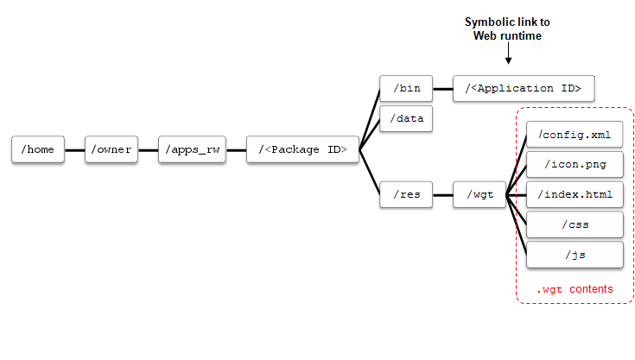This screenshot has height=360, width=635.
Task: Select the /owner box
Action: (111, 149)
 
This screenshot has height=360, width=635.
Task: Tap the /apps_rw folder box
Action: (191, 149)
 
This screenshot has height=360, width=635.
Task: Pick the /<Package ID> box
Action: (302, 149)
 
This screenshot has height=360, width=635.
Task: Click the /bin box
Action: (406, 88)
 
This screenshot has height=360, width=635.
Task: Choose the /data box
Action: (406, 118)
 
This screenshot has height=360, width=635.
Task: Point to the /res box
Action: (406, 194)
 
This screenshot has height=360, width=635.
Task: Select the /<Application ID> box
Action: (523, 88)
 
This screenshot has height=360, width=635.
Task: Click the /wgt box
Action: (479, 194)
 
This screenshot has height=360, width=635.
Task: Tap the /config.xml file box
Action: (575, 134)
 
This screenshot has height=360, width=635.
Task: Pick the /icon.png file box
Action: (575, 164)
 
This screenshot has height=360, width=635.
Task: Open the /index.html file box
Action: (575, 194)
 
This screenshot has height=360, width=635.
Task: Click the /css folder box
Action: (575, 224)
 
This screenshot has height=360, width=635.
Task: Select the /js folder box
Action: (575, 255)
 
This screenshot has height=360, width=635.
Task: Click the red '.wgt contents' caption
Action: (574, 289)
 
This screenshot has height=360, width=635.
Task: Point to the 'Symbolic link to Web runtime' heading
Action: (507, 28)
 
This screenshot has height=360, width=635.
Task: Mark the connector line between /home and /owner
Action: (74, 149)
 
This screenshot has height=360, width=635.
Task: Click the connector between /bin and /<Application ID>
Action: (442, 88)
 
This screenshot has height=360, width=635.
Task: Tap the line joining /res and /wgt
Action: (442, 194)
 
